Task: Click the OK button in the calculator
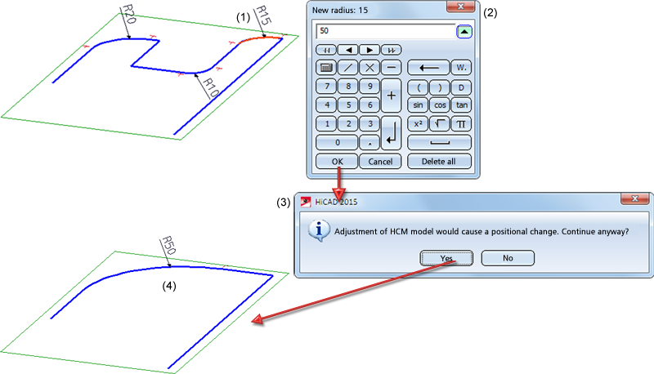pos(337,162)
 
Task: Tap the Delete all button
pos(439,162)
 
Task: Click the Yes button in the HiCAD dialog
pos(447,258)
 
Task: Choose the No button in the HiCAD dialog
pos(508,258)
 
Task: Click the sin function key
pos(418,105)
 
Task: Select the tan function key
pos(461,105)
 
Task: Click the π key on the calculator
pos(461,123)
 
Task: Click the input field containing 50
pos(384,31)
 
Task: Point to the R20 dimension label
pos(128,14)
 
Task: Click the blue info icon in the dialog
pos(316,231)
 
